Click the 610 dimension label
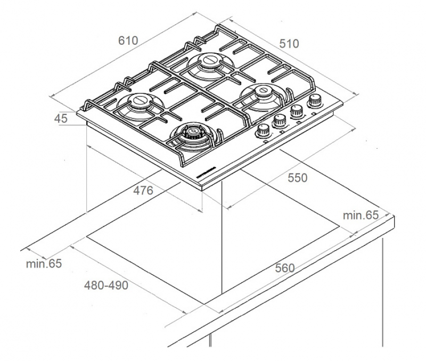click(x=129, y=40)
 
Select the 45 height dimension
click(x=61, y=119)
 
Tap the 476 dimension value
click(x=143, y=190)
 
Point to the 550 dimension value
click(x=297, y=178)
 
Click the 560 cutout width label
click(x=285, y=268)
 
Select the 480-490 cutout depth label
click(x=106, y=285)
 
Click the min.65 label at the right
click(x=360, y=215)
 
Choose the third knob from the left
click(x=297, y=111)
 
